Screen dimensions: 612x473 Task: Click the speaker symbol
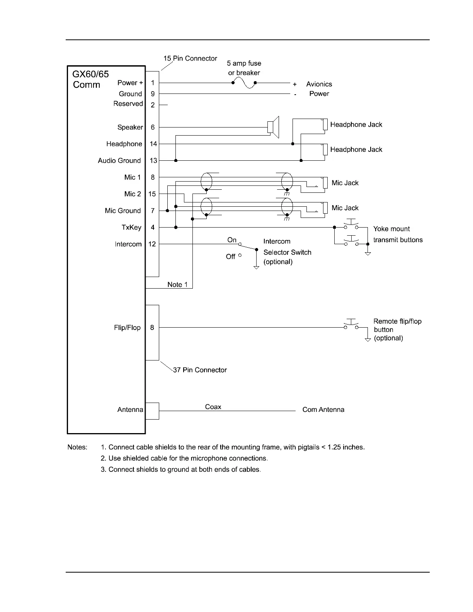point(273,127)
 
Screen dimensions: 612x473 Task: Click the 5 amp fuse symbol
point(244,83)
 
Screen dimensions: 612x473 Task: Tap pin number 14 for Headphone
point(153,144)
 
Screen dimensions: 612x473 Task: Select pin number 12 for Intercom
point(152,244)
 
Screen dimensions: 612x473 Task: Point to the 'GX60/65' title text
point(91,74)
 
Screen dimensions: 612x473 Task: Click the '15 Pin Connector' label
point(190,59)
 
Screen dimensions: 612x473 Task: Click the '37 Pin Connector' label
point(200,370)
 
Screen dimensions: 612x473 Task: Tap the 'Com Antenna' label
point(323,410)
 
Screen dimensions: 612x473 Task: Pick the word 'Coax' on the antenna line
point(213,407)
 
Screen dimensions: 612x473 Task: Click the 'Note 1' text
point(177,285)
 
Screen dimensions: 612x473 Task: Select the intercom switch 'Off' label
point(231,257)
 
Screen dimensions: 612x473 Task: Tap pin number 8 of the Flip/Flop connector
point(152,328)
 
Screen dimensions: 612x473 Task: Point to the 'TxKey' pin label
point(131,228)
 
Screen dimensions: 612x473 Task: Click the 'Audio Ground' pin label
point(119,161)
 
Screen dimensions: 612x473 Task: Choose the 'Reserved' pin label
point(128,104)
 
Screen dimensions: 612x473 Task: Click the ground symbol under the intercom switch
point(256,267)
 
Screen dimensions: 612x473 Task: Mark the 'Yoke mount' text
point(391,229)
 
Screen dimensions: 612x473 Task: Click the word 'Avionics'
point(319,84)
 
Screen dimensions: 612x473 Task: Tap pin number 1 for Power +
point(153,83)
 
